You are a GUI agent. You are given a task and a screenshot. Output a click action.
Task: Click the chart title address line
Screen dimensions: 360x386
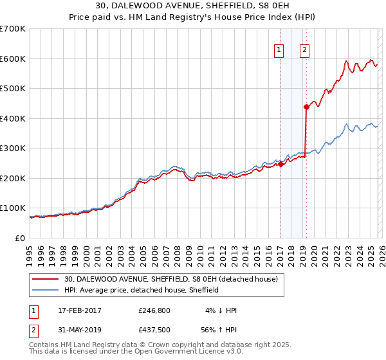pyautogui.click(x=192, y=7)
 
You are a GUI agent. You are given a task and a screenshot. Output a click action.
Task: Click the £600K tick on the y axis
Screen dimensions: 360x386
pyautogui.click(x=13, y=59)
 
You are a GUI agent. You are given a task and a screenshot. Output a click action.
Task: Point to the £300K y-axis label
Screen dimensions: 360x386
pyautogui.click(x=13, y=148)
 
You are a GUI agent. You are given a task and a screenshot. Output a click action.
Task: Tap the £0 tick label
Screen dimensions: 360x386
pyautogui.click(x=21, y=238)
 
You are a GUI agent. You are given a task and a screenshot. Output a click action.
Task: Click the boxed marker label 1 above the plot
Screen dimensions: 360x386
pyautogui.click(x=280, y=50)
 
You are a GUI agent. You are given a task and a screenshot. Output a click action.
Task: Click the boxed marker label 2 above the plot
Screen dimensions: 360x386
pyautogui.click(x=304, y=50)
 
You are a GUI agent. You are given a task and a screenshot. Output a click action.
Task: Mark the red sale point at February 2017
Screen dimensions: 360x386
pyautogui.click(x=280, y=165)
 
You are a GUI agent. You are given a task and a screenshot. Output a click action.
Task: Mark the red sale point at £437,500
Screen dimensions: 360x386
pyautogui.click(x=306, y=107)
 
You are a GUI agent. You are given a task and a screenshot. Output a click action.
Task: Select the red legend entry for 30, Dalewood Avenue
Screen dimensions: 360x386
pyautogui.click(x=170, y=279)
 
